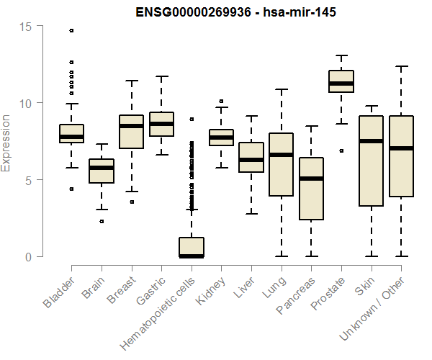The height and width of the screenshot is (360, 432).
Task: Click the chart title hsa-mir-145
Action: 230,12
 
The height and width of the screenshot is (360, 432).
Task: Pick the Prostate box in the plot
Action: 341,81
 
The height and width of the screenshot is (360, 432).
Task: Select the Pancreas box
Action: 311,189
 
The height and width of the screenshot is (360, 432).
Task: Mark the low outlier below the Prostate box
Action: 341,150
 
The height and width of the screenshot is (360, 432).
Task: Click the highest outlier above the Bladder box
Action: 71,30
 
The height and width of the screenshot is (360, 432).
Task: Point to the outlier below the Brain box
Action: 102,221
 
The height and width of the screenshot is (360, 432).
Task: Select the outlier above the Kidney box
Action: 221,102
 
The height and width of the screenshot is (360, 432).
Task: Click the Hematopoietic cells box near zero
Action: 192,247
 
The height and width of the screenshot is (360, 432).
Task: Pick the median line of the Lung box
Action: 281,155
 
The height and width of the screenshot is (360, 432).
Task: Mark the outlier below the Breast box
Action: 132,202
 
